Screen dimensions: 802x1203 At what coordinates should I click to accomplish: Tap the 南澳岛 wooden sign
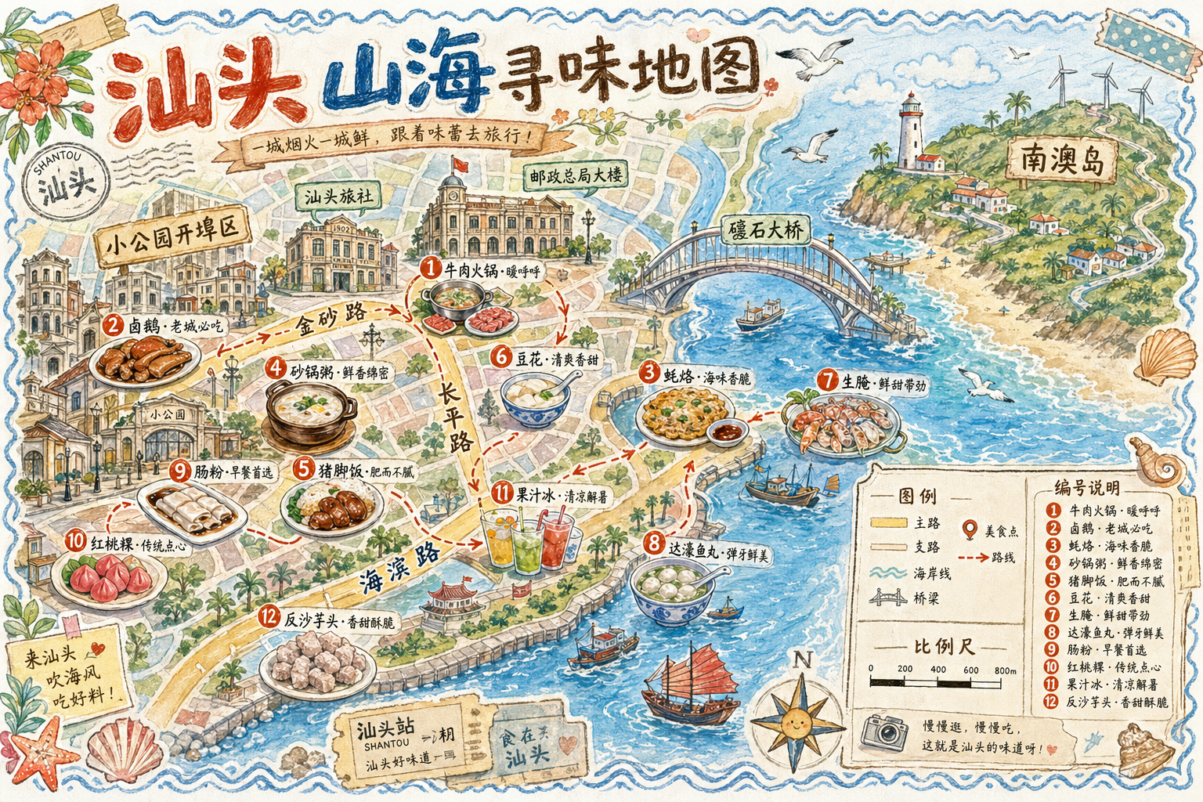coord(1062,160)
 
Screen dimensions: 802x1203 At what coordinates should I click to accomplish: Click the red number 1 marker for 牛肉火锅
coord(430,268)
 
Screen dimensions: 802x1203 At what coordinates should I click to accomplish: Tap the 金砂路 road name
coord(331,316)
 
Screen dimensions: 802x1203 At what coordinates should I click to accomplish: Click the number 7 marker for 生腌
coord(827,381)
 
